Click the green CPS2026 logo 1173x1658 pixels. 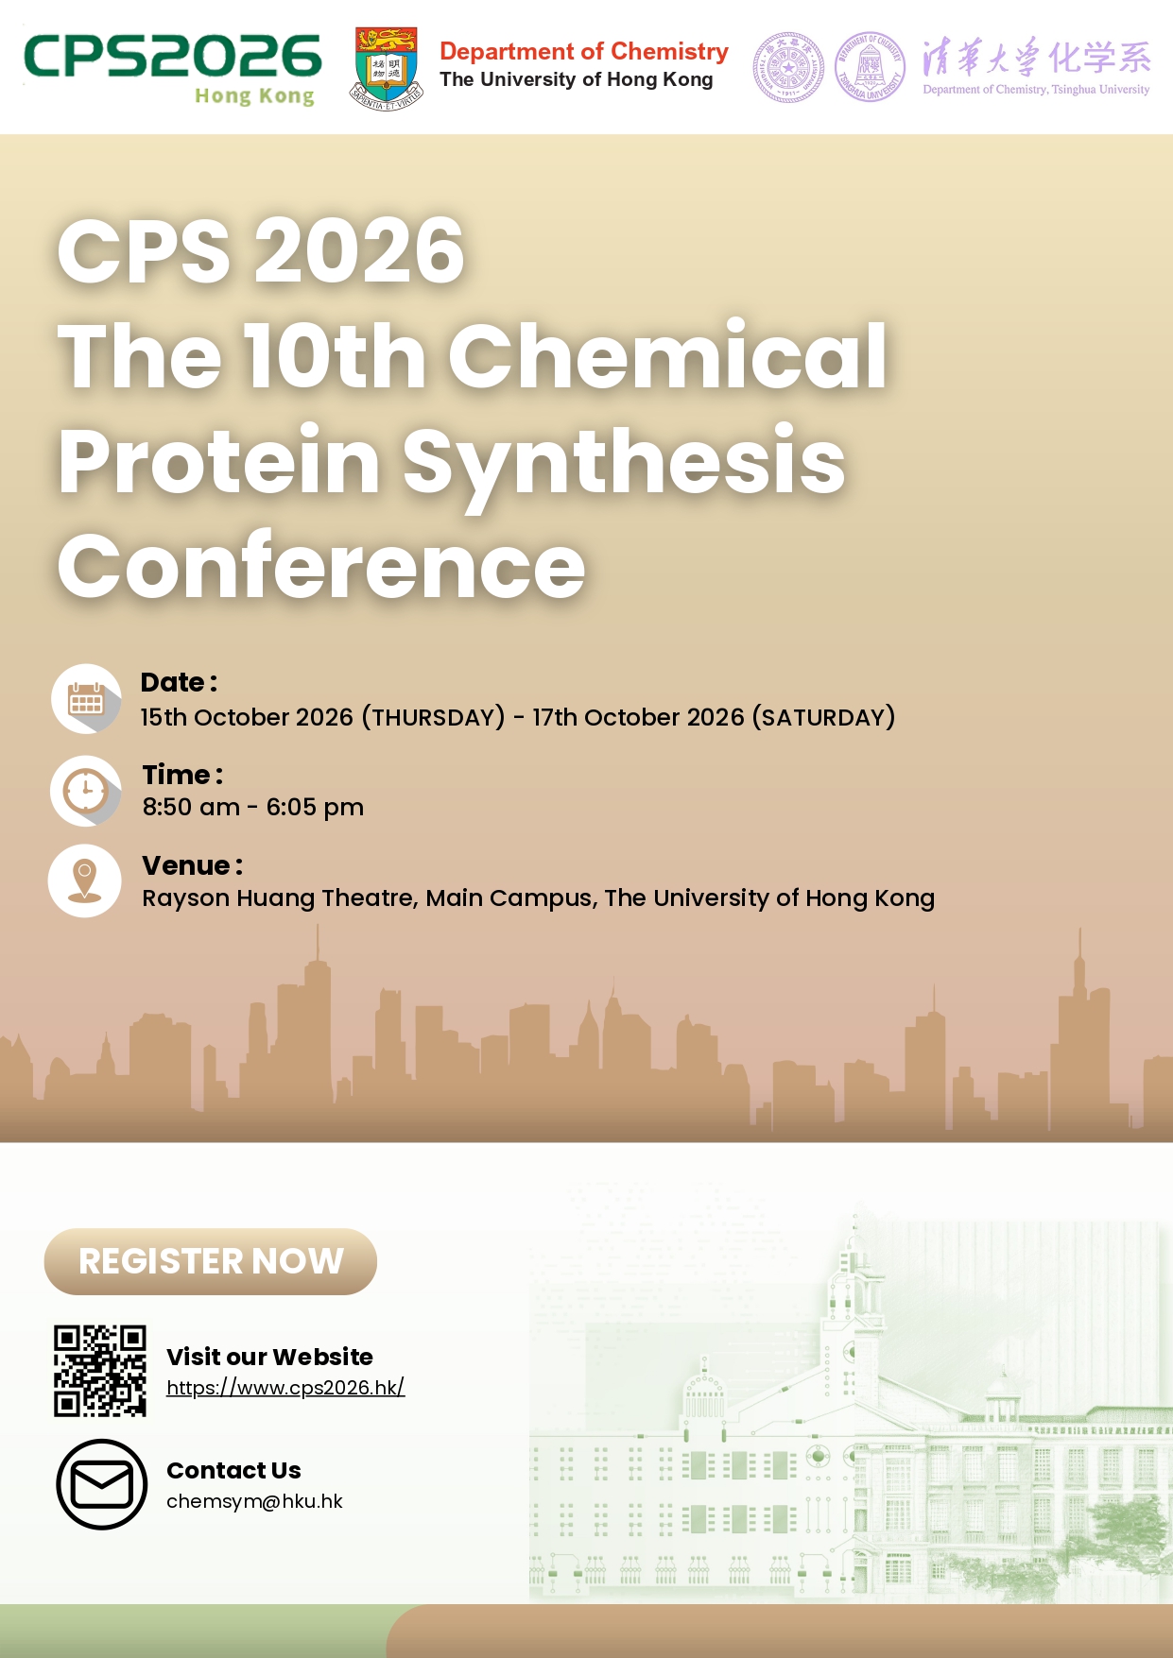pos(173,69)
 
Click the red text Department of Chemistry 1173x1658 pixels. pos(584,51)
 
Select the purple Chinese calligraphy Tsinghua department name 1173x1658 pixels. pos(1037,58)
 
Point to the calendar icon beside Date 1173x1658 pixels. pos(86,699)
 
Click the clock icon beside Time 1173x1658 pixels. pos(86,791)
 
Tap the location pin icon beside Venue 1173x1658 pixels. pos(85,880)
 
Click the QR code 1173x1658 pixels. pos(100,1371)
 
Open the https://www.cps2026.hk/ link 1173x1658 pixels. pos(285,1387)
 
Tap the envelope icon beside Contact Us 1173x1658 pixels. pos(102,1484)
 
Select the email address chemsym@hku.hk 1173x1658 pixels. pos(254,1501)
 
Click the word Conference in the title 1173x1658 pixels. pos(321,566)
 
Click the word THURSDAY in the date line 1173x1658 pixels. pos(438,718)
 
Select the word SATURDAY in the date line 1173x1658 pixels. pos(823,718)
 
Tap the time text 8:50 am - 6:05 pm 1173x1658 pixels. pos(253,808)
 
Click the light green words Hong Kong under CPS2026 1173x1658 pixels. pos(254,96)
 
